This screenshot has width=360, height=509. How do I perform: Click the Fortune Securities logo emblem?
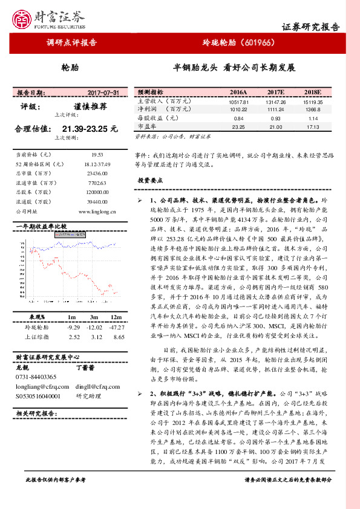coord(25,18)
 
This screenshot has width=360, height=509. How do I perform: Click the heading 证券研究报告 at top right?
coord(311,27)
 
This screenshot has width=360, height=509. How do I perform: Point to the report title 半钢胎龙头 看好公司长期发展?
coord(234,68)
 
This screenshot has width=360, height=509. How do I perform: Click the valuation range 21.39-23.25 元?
coord(90,129)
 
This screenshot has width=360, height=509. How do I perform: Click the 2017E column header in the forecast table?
coord(275,92)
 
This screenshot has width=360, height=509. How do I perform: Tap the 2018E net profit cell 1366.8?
coord(313,110)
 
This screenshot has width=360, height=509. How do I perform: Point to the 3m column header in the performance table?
coord(94,317)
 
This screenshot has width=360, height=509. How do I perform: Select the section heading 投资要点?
coord(150,180)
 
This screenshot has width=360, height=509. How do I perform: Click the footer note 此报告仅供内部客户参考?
coord(56,496)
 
